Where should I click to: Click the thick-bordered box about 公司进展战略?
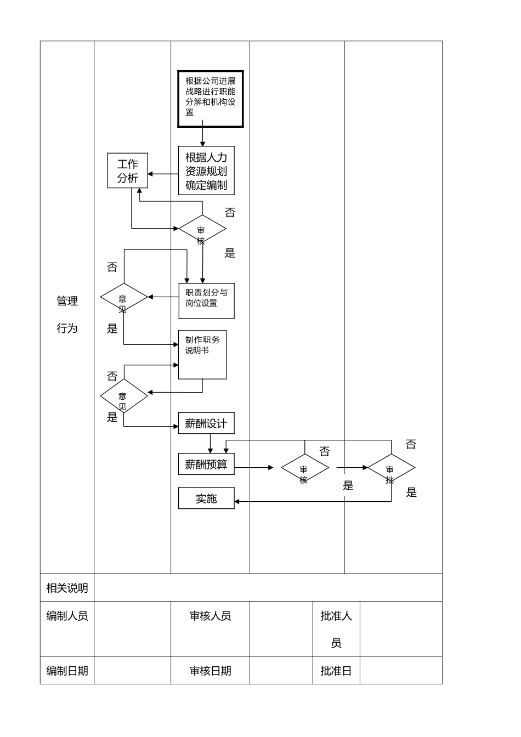point(210,99)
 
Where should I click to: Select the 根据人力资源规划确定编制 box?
point(206,171)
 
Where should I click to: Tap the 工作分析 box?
point(127,171)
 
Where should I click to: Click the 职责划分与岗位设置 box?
point(206,301)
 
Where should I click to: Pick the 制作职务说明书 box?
point(202,354)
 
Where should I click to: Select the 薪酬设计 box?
point(206,423)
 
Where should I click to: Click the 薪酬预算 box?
point(206,464)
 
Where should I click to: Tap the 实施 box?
point(206,498)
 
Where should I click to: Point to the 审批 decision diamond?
point(391,469)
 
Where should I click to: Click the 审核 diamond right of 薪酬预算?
point(304,468)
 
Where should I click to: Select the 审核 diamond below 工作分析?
point(202,229)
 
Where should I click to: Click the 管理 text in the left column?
point(67,301)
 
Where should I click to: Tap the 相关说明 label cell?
point(67,588)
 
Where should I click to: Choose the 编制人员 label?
point(67,616)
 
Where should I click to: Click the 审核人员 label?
point(210,616)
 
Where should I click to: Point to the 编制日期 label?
point(67,671)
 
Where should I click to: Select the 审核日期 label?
point(210,671)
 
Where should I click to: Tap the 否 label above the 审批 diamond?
point(411,444)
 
